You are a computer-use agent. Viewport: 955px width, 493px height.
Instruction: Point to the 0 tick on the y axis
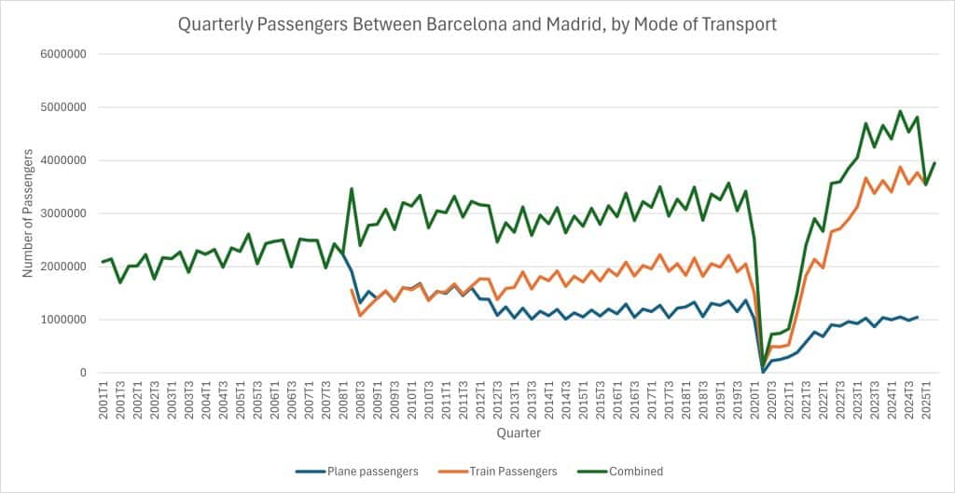point(83,373)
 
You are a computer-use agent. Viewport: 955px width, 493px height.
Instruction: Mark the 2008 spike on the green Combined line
point(352,189)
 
